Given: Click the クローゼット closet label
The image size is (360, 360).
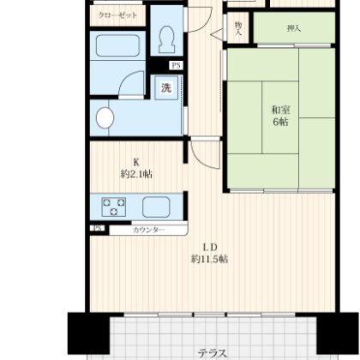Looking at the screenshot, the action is point(117,15).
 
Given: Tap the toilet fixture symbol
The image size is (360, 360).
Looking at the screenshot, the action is point(166,39).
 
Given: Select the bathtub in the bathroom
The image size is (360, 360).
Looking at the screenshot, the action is point(117,45).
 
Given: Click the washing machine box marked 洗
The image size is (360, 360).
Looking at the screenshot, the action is point(166,88).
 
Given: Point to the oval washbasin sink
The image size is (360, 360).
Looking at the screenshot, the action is point(105,117).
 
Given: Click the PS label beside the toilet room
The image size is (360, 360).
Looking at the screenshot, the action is point(176,66).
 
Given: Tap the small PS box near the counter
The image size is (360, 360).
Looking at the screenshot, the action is point(98,228).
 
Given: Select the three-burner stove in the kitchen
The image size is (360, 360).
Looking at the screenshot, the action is point(114,207).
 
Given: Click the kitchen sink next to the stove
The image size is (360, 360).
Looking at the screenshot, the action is point(156,207).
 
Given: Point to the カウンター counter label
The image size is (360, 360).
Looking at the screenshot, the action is point(149,230).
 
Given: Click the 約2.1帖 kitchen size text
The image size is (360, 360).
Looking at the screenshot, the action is point(136,174).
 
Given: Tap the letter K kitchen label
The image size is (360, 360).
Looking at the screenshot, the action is point(136,162).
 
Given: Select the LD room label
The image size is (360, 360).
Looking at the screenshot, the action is point(210,247).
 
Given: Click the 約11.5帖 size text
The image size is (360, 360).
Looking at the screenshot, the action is point(209,259).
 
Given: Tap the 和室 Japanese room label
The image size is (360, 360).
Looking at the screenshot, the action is point(280,110).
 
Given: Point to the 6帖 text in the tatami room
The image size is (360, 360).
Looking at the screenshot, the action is point(280,122).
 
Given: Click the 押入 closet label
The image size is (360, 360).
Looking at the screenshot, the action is point(294,28).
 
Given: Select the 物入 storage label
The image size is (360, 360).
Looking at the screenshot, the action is point(238,28).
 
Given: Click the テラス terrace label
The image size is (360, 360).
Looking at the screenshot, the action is point(213,353).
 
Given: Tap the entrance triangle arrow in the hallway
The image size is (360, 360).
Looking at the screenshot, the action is point(217,34).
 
